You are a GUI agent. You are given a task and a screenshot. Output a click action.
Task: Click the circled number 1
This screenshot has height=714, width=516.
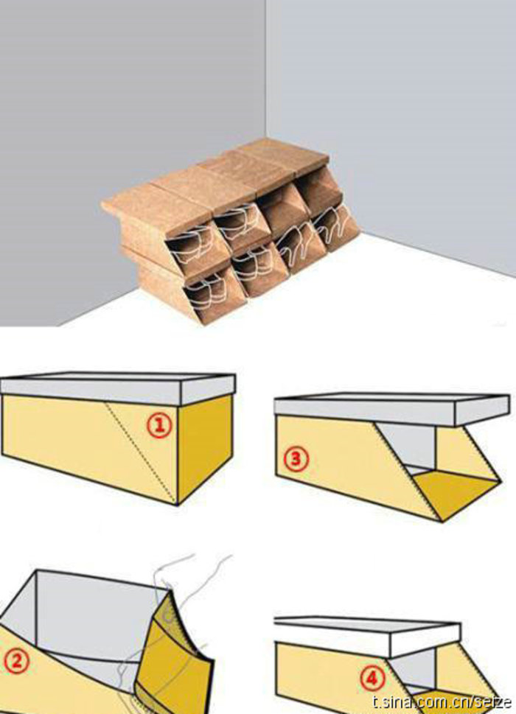159,425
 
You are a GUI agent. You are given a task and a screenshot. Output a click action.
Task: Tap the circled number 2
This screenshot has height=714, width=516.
16,661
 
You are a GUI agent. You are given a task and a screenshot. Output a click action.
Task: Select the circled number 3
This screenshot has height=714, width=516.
296,459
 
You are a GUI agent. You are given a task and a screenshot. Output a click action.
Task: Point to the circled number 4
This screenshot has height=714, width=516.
372,679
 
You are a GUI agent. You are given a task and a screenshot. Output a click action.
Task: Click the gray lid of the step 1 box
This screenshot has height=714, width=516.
118,390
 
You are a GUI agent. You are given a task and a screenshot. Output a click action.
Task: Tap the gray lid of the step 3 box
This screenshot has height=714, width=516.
391,410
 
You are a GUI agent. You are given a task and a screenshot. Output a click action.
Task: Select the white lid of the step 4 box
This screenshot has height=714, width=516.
368,634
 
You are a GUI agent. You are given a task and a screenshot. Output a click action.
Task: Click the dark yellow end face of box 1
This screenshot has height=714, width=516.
204,449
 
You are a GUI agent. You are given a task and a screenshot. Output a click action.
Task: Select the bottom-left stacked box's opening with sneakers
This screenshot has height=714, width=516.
208,292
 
